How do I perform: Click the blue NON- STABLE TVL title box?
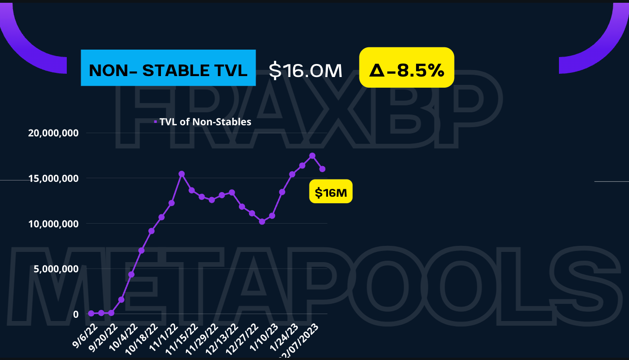[168, 68]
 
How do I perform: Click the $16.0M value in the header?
[306, 70]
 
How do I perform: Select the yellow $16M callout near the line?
[331, 192]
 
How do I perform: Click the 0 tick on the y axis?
[76, 314]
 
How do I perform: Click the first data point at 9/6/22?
[91, 314]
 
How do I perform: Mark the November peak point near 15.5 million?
[181, 174]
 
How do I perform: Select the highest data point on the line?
[312, 156]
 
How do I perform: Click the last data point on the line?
[322, 169]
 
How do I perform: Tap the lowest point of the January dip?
[262, 222]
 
